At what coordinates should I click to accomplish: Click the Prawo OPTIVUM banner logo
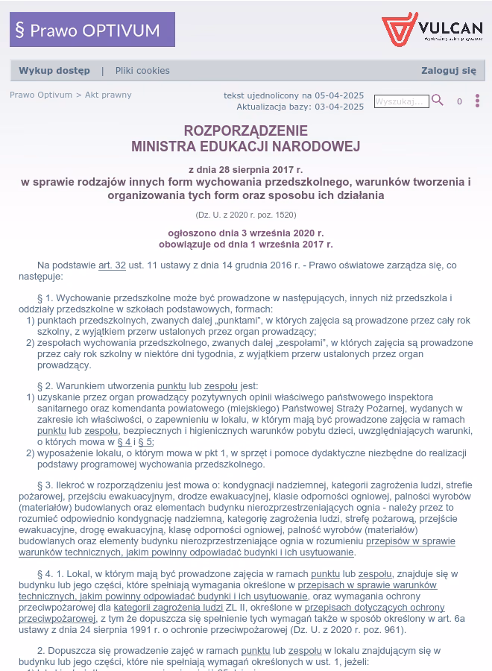coord(92,30)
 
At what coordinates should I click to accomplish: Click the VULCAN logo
coord(432,30)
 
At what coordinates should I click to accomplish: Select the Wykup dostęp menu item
coord(54,71)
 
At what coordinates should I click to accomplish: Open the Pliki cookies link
coord(142,71)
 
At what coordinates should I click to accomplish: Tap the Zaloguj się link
coord(448,71)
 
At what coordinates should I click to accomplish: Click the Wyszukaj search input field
coord(401,101)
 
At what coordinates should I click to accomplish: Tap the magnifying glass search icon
coord(438,101)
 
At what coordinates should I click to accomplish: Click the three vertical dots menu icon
coord(477,101)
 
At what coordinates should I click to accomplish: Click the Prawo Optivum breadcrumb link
coord(41,95)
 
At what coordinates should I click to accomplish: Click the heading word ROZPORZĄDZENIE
coord(245,131)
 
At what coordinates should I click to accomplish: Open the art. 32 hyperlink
coord(112,265)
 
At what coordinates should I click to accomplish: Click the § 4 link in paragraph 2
coord(124,442)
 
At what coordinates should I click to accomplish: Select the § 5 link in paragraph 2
coord(145,442)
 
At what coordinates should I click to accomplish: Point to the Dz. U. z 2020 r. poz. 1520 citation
coord(245,215)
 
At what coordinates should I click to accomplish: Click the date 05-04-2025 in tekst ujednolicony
coord(339,95)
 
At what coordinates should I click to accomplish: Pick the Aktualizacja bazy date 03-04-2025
coord(339,107)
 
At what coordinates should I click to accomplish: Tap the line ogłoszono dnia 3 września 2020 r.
coord(245,233)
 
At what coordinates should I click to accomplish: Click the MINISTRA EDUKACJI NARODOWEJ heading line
coord(245,146)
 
